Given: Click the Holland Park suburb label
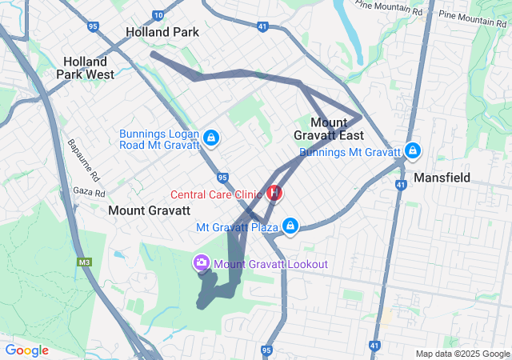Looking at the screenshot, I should (162, 33).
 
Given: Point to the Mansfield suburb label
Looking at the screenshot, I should (442, 177).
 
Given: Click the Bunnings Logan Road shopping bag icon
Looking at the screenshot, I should (210, 138).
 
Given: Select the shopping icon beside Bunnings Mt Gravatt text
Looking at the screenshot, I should (413, 150).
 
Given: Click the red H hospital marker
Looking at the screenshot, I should (274, 193).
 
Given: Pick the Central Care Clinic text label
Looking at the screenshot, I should (217, 194).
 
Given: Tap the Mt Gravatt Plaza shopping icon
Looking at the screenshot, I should (290, 226).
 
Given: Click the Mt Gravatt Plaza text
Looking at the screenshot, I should (237, 227).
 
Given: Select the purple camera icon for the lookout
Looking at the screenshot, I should (202, 262).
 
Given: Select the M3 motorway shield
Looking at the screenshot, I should (84, 262).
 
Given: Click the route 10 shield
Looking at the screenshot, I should (158, 15).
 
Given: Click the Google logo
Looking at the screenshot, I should (26, 350).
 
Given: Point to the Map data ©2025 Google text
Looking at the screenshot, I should (462, 354).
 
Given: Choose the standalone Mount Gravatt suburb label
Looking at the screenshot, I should (149, 210).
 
